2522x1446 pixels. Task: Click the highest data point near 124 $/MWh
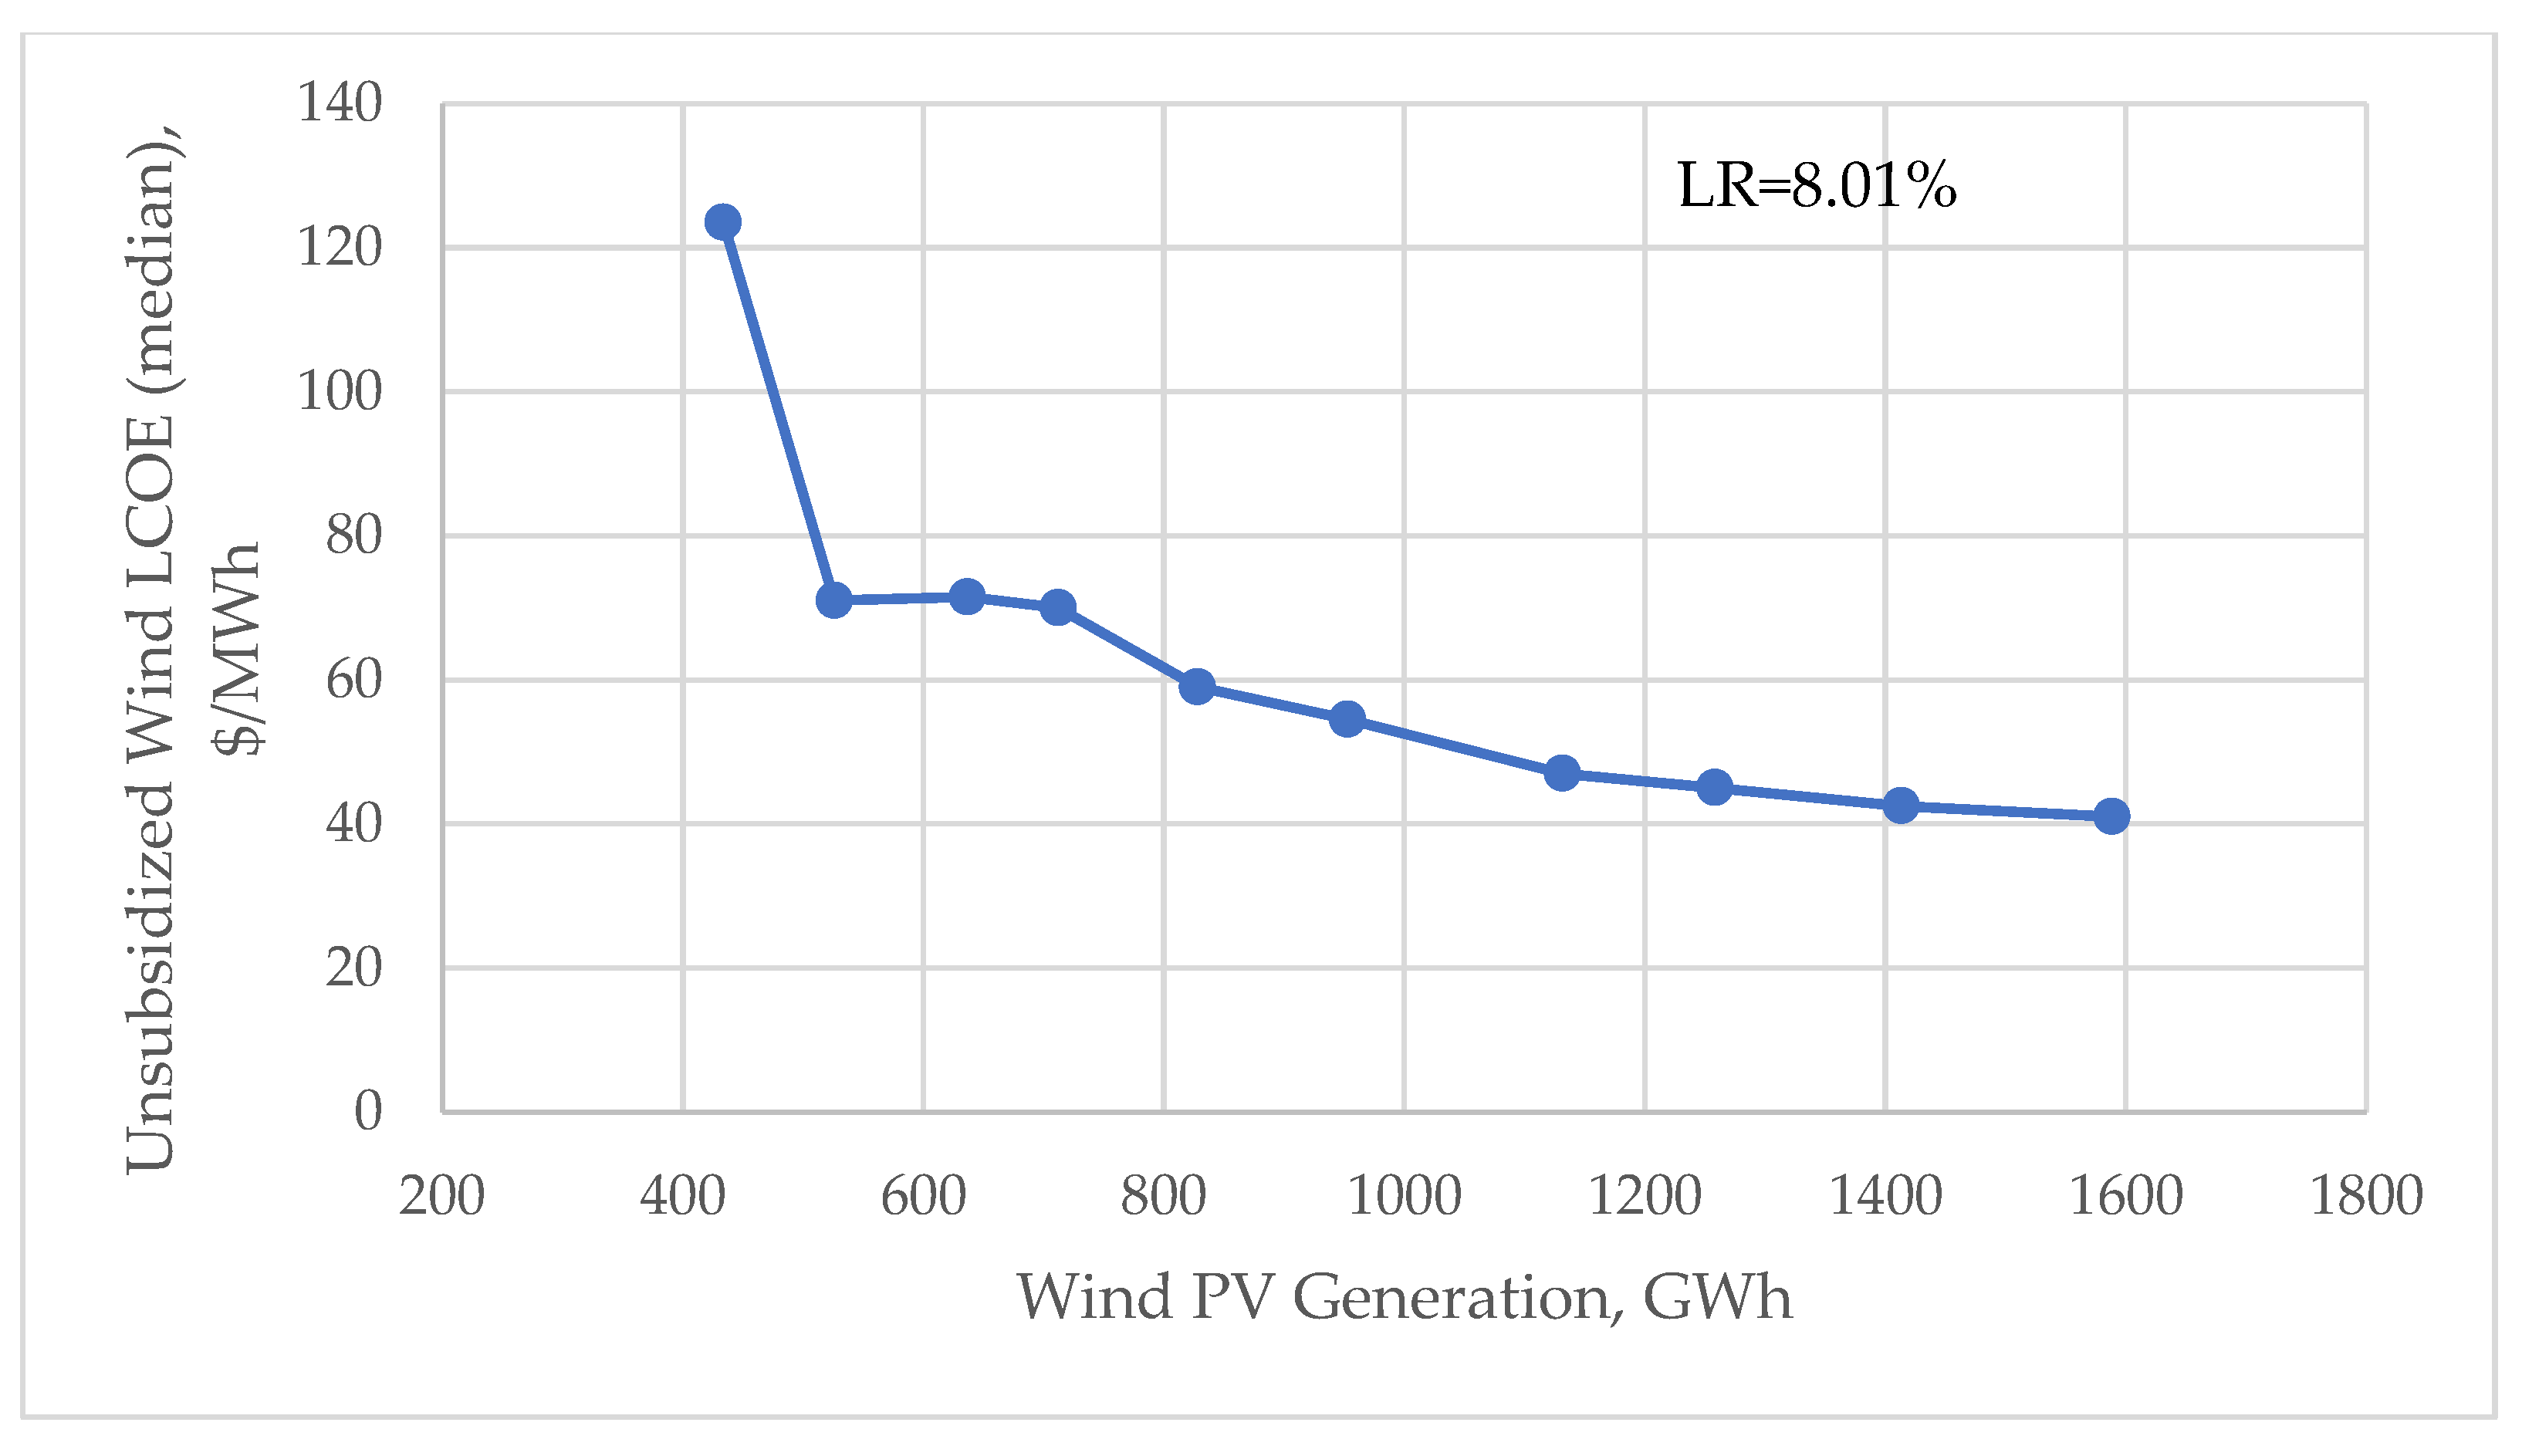coord(722,221)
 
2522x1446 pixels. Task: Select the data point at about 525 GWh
coord(833,600)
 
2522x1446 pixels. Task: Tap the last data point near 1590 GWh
coord(2111,816)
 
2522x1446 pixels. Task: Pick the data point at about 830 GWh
coord(1197,686)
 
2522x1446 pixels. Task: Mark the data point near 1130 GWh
coord(1561,772)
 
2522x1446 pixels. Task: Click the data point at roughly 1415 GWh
coord(1900,806)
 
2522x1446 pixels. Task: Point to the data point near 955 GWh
coord(1347,719)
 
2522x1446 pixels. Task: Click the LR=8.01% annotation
coord(1817,186)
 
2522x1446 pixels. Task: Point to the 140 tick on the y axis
coord(340,103)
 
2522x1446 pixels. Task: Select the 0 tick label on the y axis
coord(367,1110)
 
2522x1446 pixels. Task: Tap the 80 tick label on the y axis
coord(353,536)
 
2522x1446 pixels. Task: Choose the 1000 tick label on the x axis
coord(1404,1196)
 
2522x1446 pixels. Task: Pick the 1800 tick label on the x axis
coord(2366,1196)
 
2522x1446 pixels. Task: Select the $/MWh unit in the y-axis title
coord(238,650)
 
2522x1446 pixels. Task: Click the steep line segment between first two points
coord(778,410)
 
